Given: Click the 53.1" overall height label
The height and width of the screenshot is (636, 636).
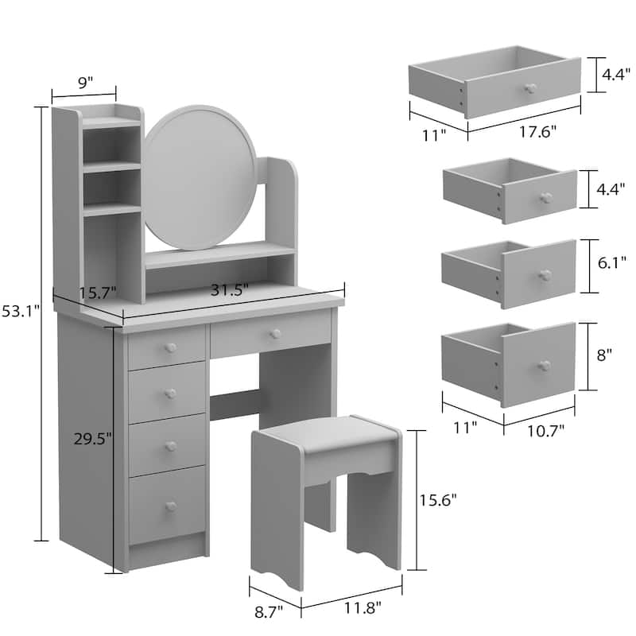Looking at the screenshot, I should point(18,312).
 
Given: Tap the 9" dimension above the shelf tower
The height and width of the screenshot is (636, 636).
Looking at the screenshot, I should point(85,81).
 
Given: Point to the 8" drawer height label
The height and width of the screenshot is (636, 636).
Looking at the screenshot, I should point(604,355).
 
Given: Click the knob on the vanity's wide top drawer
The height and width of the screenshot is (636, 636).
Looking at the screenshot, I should point(275,333).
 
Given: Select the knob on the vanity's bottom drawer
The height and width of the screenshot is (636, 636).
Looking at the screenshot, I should point(170,506).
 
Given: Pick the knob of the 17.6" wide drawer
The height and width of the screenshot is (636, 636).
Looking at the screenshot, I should point(530,87).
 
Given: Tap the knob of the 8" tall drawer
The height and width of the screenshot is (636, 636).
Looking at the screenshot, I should point(544,365).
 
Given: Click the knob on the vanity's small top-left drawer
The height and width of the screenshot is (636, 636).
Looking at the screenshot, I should point(170,347).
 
